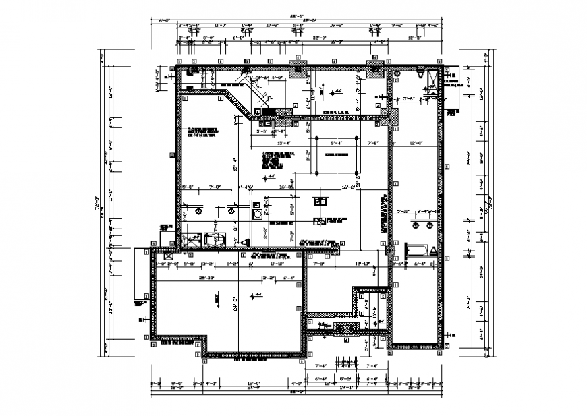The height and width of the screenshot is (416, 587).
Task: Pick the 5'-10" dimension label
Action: pos(404,211)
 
